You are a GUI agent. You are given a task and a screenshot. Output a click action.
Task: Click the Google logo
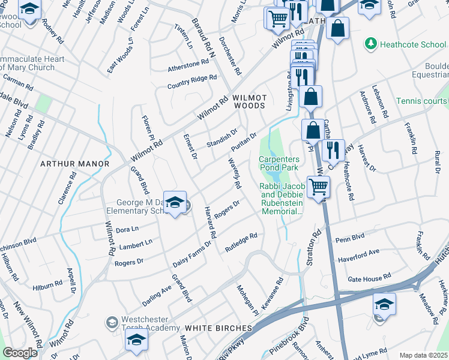pyautogui.click(x=19, y=353)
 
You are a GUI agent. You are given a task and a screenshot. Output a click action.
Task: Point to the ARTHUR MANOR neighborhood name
pyautogui.click(x=74, y=164)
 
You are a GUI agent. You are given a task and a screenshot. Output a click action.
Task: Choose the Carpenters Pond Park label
pyautogui.click(x=279, y=163)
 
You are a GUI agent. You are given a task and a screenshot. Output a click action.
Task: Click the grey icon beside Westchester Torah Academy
pyautogui.click(x=111, y=323)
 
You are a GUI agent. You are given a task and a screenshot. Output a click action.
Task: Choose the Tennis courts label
pyautogui.click(x=422, y=101)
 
